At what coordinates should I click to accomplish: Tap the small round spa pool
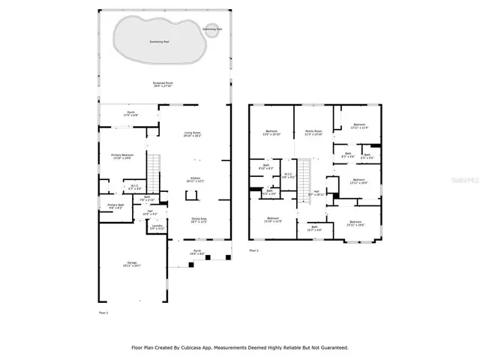click(214, 31)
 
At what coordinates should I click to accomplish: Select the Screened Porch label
click(163, 85)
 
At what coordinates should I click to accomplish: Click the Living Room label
click(193, 135)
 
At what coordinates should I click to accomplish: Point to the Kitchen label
click(195, 180)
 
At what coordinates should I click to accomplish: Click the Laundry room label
click(157, 226)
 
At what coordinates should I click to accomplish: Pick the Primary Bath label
click(115, 206)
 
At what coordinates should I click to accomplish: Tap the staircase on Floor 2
click(305, 180)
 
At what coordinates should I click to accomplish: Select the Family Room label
click(313, 133)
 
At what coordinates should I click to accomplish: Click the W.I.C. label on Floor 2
click(288, 176)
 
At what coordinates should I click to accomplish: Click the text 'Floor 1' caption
click(103, 311)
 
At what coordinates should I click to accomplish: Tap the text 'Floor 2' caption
click(253, 250)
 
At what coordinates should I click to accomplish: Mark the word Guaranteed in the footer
click(331, 347)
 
